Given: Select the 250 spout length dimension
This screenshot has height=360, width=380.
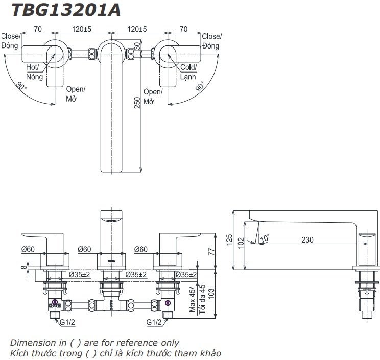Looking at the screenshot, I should (136, 103).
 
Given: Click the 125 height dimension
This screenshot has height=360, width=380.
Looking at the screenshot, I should (229, 239).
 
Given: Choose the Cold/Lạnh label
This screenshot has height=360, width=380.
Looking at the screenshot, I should (187, 71).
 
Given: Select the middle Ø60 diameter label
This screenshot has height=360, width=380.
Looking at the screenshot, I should (84, 249).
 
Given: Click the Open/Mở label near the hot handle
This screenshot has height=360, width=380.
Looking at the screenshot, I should (76, 94).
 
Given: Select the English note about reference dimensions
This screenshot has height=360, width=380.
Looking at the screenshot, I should (94, 343).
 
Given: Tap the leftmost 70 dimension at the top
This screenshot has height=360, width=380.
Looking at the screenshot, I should (38, 30).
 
